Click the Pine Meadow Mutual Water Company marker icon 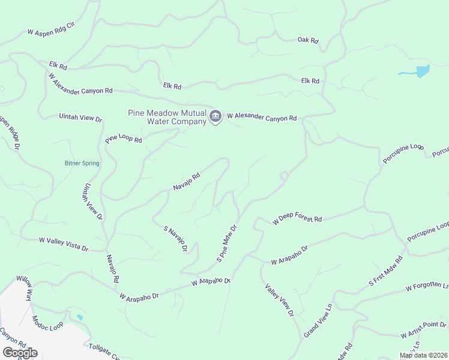pyautogui.click(x=215, y=115)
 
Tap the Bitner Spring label pyautogui.click(x=82, y=163)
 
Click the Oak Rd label pyautogui.click(x=307, y=40)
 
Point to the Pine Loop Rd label pyautogui.click(x=124, y=139)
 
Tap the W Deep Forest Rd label pyautogui.click(x=297, y=220)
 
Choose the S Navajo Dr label pyautogui.click(x=176, y=238)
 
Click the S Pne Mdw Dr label pyautogui.click(x=228, y=244)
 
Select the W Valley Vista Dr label pyautogui.click(x=64, y=244)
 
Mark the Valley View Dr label pyautogui.click(x=280, y=299)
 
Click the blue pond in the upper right pyautogui.click(x=422, y=71)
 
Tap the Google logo pyautogui.click(x=19, y=353)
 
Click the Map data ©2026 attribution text pyautogui.click(x=423, y=355)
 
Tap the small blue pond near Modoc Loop pyautogui.click(x=80, y=317)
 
